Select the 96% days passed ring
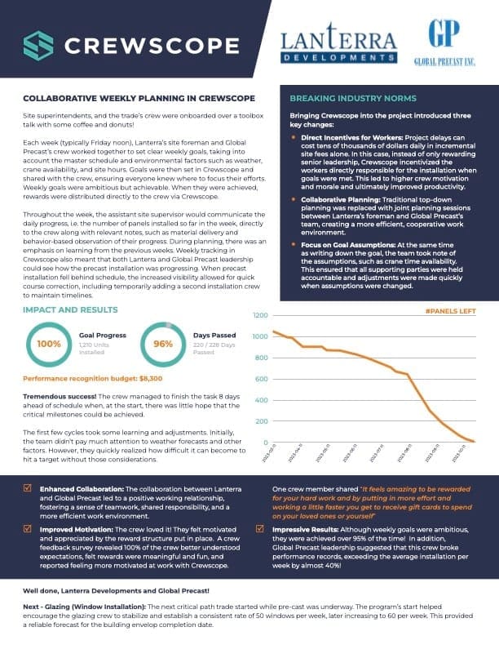pyautogui.click(x=163, y=344)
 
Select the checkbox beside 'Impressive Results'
pyautogui.click(x=258, y=527)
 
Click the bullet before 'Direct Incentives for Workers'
pyautogui.click(x=294, y=137)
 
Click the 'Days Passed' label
pyautogui.click(x=212, y=336)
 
